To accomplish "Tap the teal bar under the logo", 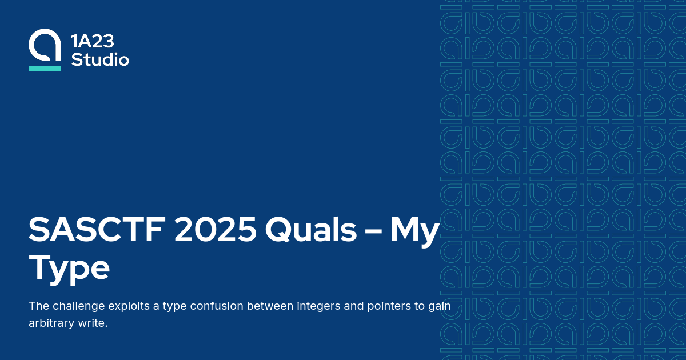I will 45,69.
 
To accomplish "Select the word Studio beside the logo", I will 100,59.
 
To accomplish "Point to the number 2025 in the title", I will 216,230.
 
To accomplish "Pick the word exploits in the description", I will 129,306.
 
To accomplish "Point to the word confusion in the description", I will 221,306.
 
